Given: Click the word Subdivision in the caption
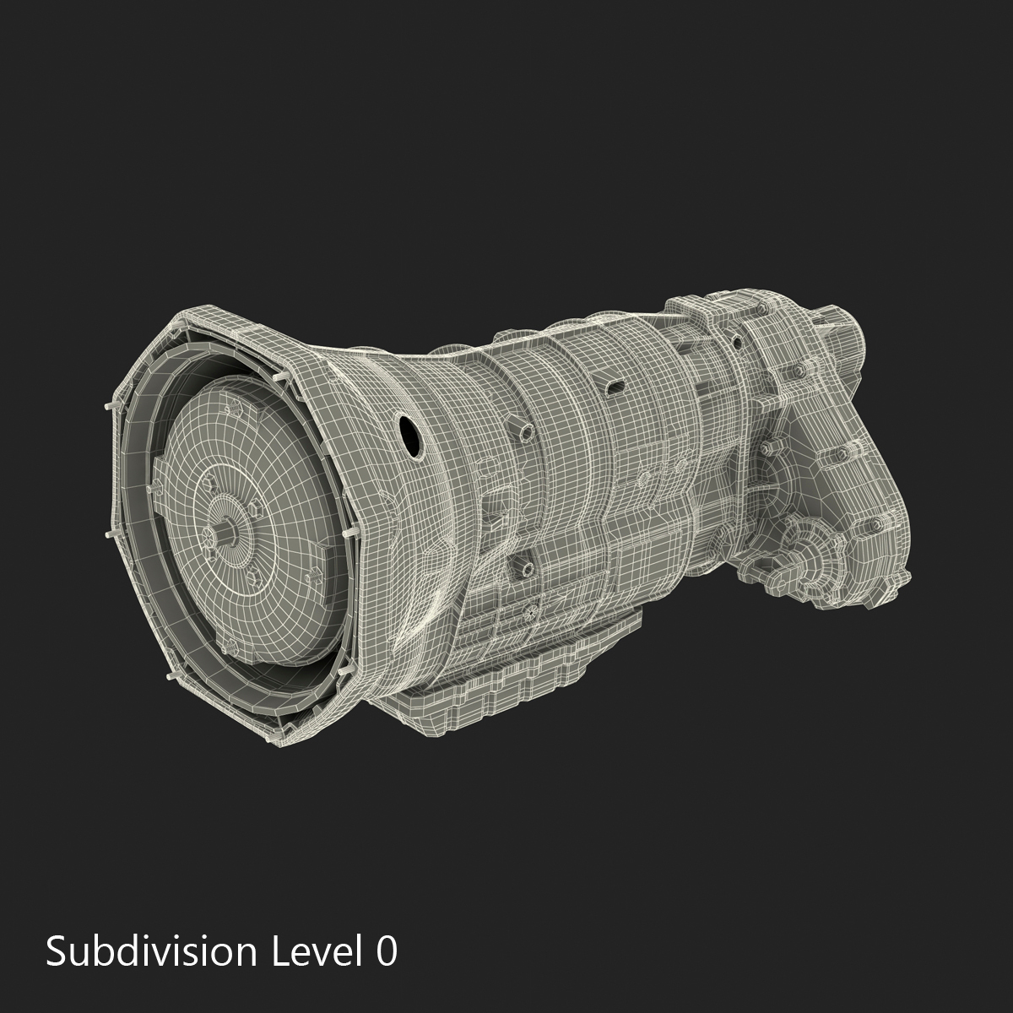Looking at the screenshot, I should (151, 951).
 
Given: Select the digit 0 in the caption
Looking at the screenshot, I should (386, 951).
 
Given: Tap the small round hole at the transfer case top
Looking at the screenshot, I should (736, 342).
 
